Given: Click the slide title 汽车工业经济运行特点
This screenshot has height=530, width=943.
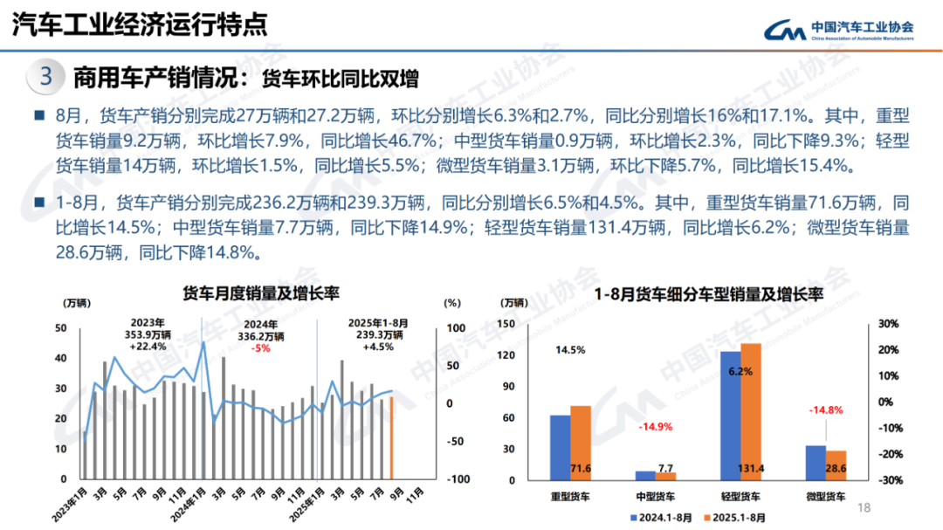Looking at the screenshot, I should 140,25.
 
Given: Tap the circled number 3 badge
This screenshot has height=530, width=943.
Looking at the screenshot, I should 46,77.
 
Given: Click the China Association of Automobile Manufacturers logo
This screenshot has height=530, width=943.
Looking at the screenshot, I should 838,31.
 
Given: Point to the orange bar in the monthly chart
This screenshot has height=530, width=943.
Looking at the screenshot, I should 392,437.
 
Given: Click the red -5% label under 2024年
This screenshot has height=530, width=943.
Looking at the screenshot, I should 261,348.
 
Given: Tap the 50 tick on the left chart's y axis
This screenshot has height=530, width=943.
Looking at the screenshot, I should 60,327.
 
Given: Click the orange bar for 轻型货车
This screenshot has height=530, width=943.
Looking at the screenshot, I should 751,410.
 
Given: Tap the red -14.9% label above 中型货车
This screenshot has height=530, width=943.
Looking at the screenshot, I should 656,427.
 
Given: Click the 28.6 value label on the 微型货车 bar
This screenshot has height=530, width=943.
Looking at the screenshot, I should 836,469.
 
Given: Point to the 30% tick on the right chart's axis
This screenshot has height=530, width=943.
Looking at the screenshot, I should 888,324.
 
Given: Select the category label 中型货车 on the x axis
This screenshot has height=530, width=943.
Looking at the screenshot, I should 655,497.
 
